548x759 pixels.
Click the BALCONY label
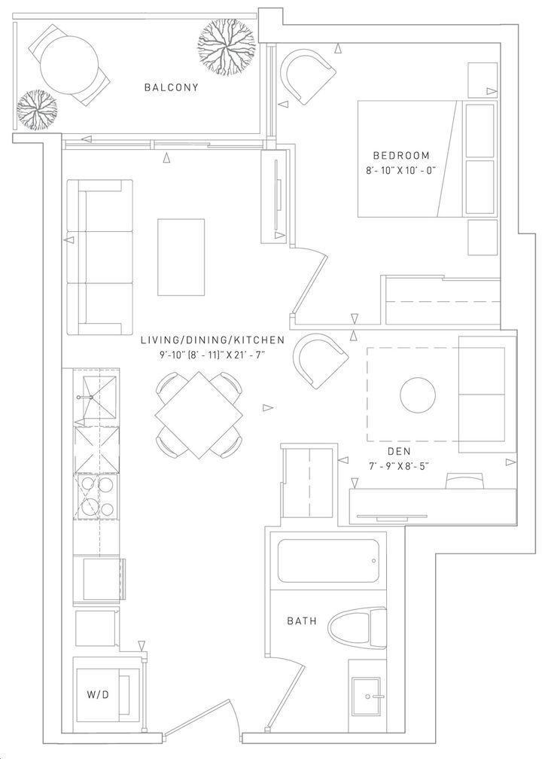click(x=172, y=87)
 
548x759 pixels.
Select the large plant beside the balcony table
click(x=227, y=50)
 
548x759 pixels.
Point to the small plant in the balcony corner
click(x=37, y=110)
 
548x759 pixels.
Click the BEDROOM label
click(x=401, y=155)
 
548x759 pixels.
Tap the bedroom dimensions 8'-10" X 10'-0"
click(x=401, y=170)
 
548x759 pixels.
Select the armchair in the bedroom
click(x=309, y=78)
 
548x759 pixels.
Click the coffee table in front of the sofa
click(x=181, y=257)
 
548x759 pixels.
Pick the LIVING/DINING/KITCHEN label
click(x=212, y=340)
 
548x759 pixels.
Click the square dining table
click(x=199, y=415)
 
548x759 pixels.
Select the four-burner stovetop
click(x=96, y=495)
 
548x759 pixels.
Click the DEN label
click(x=400, y=451)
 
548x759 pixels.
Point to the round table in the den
click(x=418, y=395)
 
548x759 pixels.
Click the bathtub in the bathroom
click(x=327, y=561)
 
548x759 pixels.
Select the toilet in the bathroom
click(x=358, y=628)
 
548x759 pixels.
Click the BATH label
click(x=302, y=620)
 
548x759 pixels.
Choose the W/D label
click(x=98, y=694)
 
